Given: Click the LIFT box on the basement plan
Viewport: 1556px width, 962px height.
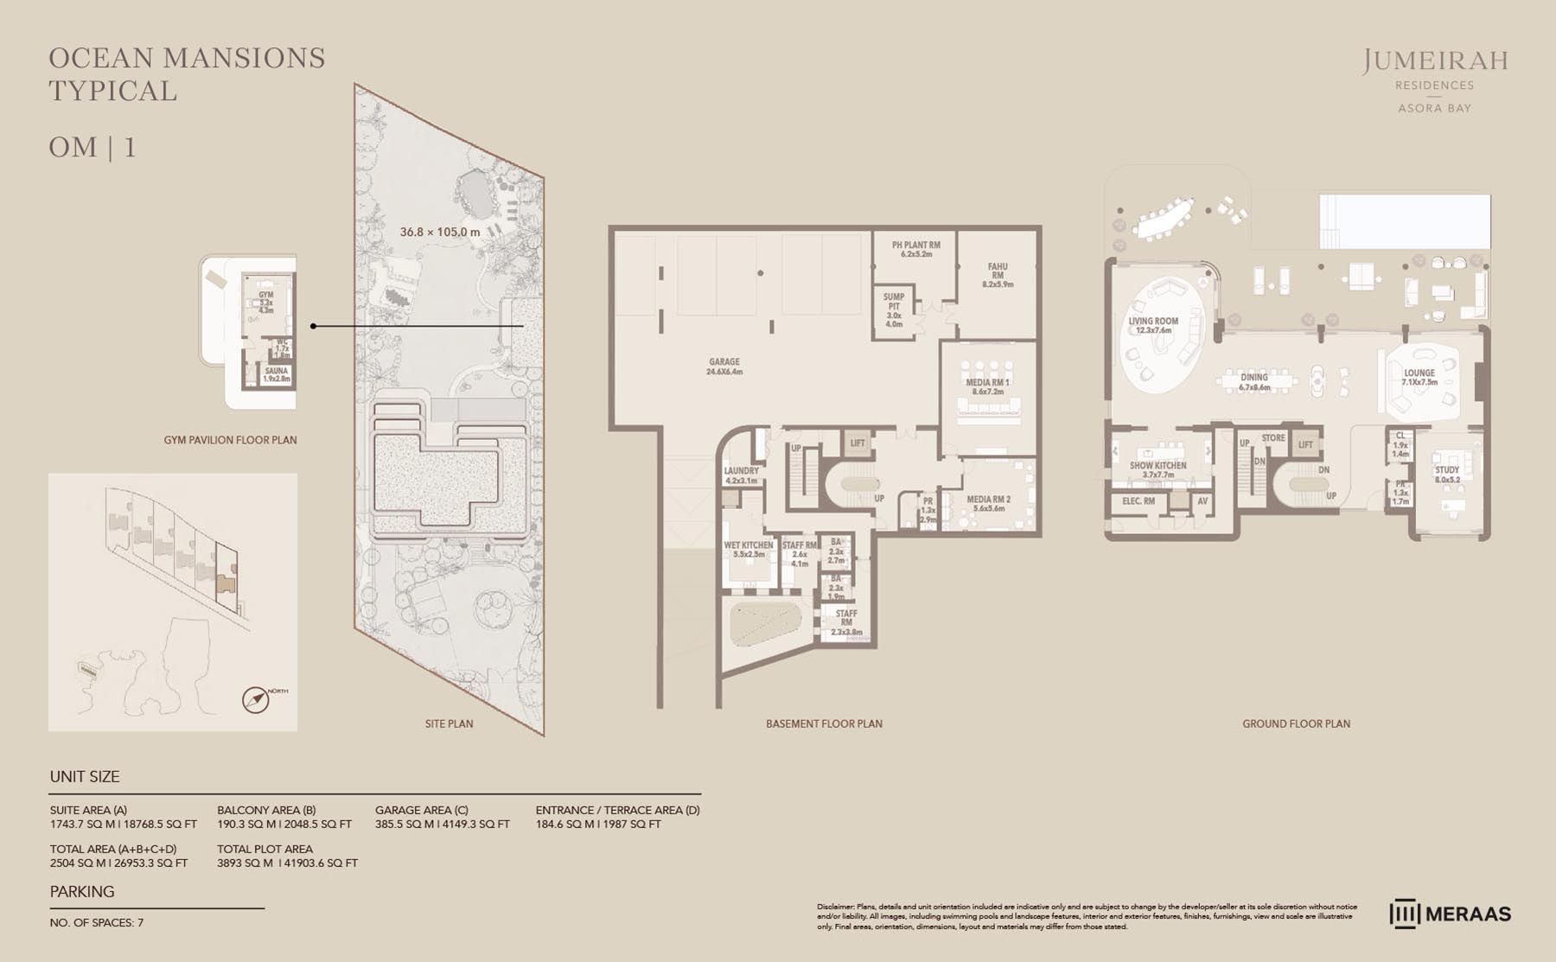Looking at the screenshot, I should tap(858, 443).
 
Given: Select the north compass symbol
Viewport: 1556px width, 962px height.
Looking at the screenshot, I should tap(257, 699).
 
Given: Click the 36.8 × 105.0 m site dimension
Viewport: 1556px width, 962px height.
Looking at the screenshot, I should tap(439, 232).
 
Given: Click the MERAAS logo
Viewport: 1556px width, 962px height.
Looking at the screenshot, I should tap(1451, 914).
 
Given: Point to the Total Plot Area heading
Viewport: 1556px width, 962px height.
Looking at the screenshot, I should tap(265, 849).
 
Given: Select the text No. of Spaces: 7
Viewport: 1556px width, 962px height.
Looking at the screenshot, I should tap(97, 922).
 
